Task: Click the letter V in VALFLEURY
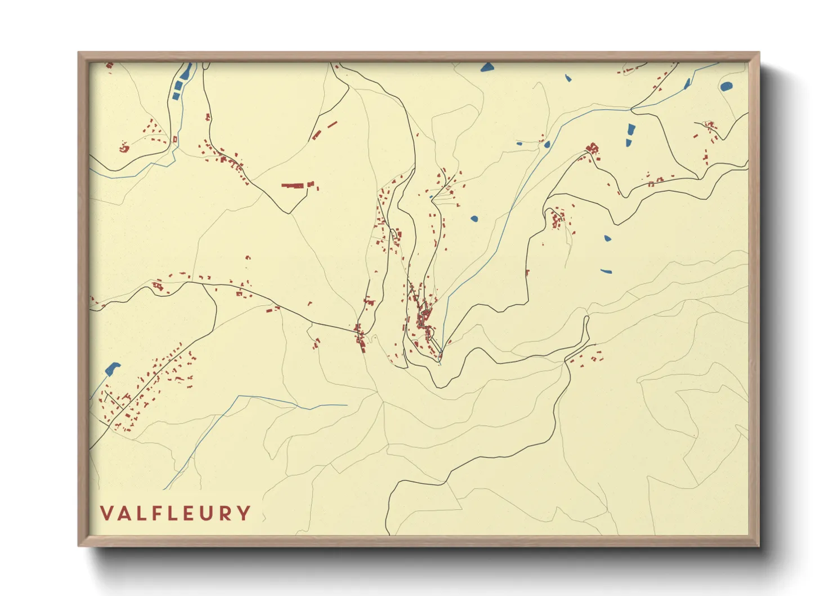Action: [x=107, y=514]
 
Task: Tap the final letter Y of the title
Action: [x=244, y=514]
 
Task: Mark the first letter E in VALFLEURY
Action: [x=189, y=514]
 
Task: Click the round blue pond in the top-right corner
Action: [x=727, y=87]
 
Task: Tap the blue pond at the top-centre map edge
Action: [x=487, y=68]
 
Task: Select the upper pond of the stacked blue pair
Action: [x=631, y=128]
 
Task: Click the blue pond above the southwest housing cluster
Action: [x=113, y=368]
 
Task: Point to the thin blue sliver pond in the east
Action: [x=606, y=272]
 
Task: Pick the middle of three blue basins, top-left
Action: [x=179, y=86]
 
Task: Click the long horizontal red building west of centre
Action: [x=292, y=185]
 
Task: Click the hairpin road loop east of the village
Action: [x=586, y=327]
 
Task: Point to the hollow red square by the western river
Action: [x=175, y=139]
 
